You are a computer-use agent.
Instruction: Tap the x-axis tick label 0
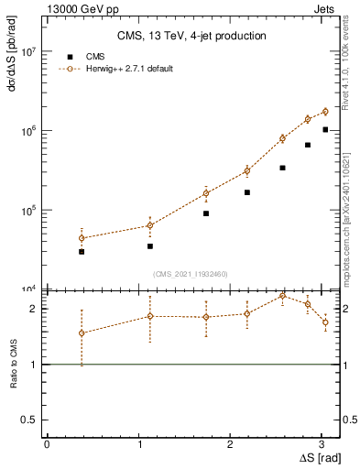tap(47, 444)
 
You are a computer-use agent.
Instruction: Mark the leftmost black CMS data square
tap(82, 251)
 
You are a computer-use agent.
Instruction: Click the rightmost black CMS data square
tap(325, 130)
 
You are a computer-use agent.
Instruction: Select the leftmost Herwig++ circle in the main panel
tap(82, 238)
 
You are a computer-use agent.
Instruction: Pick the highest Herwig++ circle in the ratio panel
tap(282, 296)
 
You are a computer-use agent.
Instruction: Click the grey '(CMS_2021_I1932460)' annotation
tap(191, 273)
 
